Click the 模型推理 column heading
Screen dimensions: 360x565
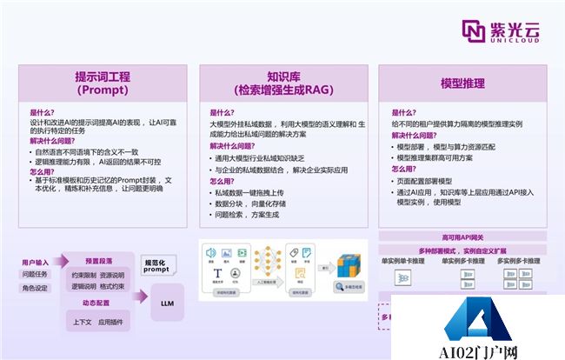coord(462,83)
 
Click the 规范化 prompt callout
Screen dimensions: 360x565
coord(157,266)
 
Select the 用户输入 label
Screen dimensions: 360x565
coord(36,261)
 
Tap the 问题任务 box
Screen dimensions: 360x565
coord(36,275)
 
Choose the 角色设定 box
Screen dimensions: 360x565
coord(36,289)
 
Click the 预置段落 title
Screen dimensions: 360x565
coord(98,260)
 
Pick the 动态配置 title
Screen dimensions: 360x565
coord(98,304)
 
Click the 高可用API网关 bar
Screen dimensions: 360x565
coord(462,237)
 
